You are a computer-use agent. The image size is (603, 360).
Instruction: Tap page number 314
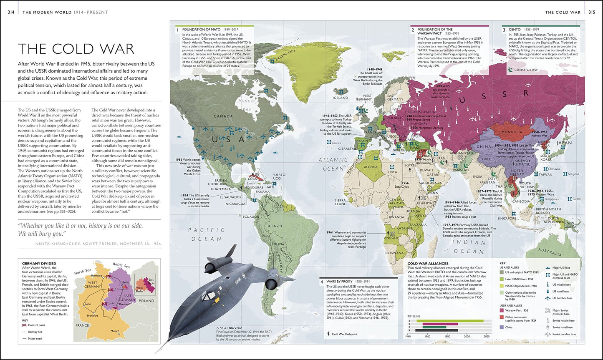pyautogui.click(x=12, y=12)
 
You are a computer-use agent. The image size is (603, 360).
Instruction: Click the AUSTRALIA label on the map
pyautogui.click(x=550, y=252)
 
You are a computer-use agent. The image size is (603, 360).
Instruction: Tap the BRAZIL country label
pyautogui.click(x=275, y=226)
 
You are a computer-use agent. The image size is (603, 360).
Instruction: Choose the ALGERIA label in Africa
pyautogui.click(x=371, y=166)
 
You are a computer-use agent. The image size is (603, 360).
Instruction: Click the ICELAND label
pyautogui.click(x=340, y=98)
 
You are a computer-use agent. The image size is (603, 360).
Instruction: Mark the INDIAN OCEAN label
pyautogui.click(x=468, y=247)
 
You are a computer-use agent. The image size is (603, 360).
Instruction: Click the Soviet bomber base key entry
pyautogui.click(x=563, y=334)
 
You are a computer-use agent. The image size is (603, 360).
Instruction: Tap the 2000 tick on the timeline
pyautogui.click(x=467, y=336)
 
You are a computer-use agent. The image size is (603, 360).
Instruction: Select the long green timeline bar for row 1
pyautogui.click(x=453, y=320)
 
